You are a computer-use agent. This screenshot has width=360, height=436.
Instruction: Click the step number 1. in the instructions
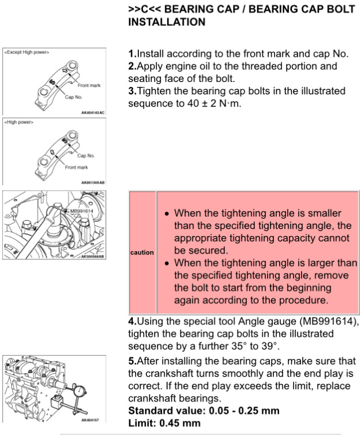click(132, 54)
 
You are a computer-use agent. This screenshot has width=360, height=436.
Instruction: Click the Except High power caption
click(27, 52)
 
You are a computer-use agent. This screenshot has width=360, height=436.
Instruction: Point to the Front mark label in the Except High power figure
click(89, 85)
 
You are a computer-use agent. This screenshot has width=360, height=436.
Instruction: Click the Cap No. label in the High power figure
click(85, 156)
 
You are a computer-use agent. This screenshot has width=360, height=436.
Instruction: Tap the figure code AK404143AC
click(93, 112)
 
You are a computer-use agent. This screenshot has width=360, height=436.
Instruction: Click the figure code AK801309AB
click(93, 183)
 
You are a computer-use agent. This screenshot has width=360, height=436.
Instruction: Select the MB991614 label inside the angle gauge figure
click(82, 211)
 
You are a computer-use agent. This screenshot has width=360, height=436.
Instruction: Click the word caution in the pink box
click(142, 252)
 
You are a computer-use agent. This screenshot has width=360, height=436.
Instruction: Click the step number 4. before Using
click(132, 322)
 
